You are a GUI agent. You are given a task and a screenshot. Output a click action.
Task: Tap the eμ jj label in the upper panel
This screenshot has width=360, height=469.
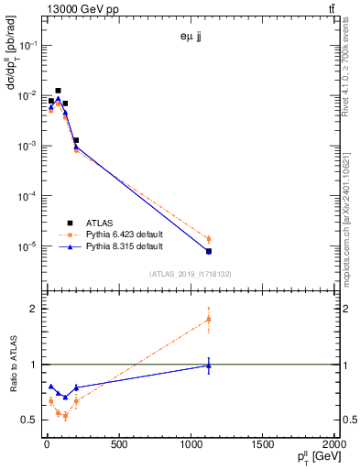pos(190,38)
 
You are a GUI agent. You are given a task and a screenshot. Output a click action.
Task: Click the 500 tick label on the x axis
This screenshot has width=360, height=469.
pos(118,446)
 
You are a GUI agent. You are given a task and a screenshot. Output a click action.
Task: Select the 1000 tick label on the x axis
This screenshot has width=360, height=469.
pos(191,446)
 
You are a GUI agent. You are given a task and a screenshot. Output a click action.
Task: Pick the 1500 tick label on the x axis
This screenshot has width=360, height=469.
pos(263,446)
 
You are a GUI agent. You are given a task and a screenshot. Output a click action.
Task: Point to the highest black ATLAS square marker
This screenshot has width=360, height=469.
pos(58,91)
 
